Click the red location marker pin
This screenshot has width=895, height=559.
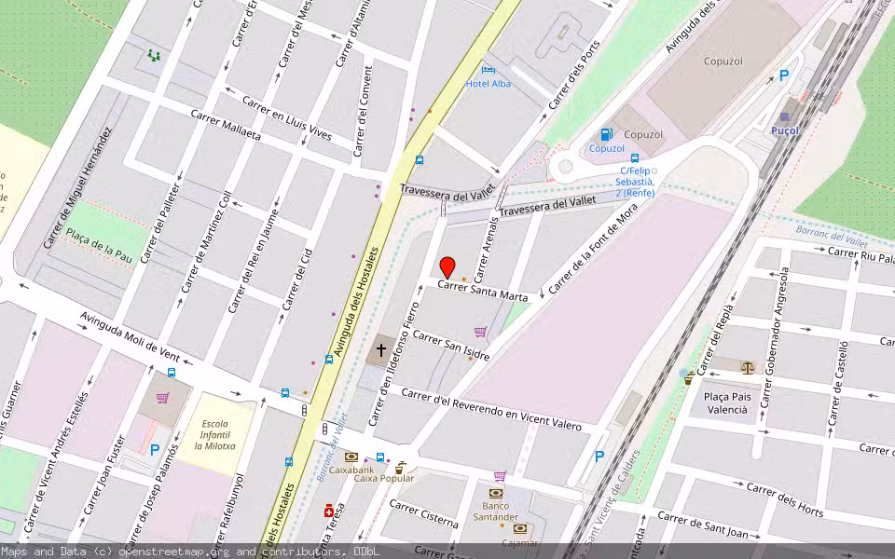447,267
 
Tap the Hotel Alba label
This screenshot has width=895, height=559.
489,84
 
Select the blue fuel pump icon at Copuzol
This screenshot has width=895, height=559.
607,134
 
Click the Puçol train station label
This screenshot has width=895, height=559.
785,131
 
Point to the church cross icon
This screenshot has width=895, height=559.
380,351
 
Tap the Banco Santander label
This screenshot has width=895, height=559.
495,511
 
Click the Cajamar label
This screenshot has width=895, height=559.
519,542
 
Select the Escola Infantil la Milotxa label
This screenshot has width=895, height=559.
214,435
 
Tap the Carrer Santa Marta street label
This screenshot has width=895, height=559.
483,292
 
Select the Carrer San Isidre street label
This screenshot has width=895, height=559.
451,344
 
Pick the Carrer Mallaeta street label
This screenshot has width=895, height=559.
226,125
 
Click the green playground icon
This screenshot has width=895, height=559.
154,56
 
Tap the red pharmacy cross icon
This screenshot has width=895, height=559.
328,511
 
